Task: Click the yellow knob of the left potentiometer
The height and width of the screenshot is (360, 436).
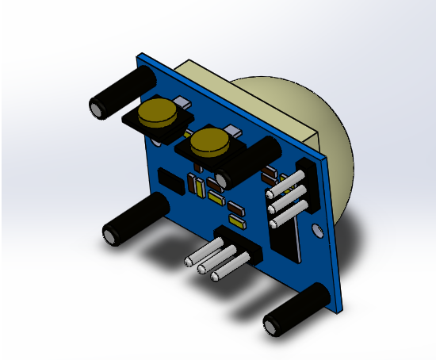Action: tap(157, 114)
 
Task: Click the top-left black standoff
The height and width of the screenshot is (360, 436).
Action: tap(119, 94)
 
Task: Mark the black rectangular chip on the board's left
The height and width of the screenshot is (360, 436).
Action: tap(168, 181)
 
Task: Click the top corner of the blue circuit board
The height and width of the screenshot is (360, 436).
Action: tap(141, 54)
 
